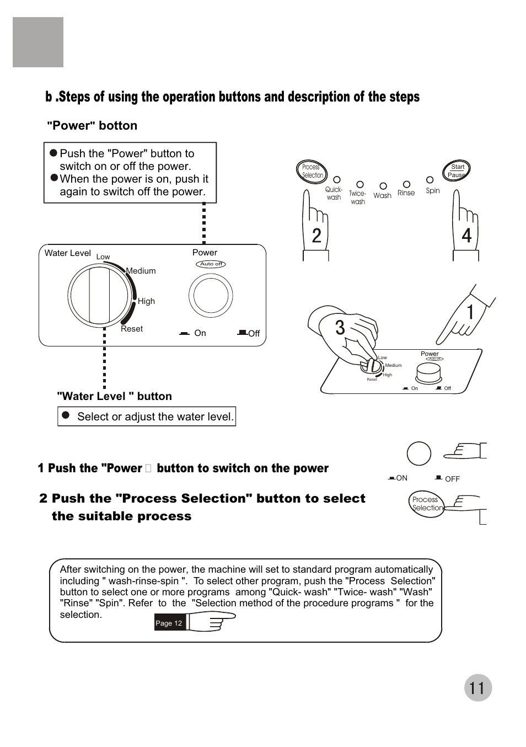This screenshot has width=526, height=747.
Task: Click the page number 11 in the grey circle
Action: pyautogui.click(x=477, y=688)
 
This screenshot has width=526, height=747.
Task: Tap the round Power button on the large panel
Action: pyautogui.click(x=211, y=296)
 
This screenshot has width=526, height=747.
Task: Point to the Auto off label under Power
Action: pyautogui.click(x=211, y=264)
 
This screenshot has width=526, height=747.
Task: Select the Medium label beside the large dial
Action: pyautogui.click(x=141, y=271)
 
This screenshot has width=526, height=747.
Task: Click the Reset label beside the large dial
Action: pyautogui.click(x=132, y=329)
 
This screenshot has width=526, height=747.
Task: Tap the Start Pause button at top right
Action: pyautogui.click(x=457, y=171)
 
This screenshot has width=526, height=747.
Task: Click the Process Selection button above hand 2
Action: pyautogui.click(x=312, y=171)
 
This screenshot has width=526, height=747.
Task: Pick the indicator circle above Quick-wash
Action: pyautogui.click(x=337, y=180)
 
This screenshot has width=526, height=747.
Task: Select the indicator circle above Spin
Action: pyautogui.click(x=430, y=180)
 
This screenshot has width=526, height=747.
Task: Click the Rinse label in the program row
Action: pyautogui.click(x=406, y=193)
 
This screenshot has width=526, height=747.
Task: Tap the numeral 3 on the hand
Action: pyautogui.click(x=340, y=328)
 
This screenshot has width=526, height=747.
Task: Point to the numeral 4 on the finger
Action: pyautogui.click(x=466, y=236)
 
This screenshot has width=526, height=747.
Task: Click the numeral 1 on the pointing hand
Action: pyautogui.click(x=470, y=312)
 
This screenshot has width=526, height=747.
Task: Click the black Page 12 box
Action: pyautogui.click(x=169, y=623)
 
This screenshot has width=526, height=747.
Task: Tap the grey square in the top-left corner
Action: pyautogui.click(x=38, y=42)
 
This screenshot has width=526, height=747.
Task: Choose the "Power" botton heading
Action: pyautogui.click(x=92, y=126)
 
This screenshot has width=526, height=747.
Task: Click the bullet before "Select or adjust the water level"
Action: pyautogui.click(x=66, y=415)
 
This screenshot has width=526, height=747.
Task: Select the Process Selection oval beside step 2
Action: pyautogui.click(x=427, y=504)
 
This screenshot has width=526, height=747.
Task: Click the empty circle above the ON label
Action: pyautogui.click(x=419, y=454)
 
